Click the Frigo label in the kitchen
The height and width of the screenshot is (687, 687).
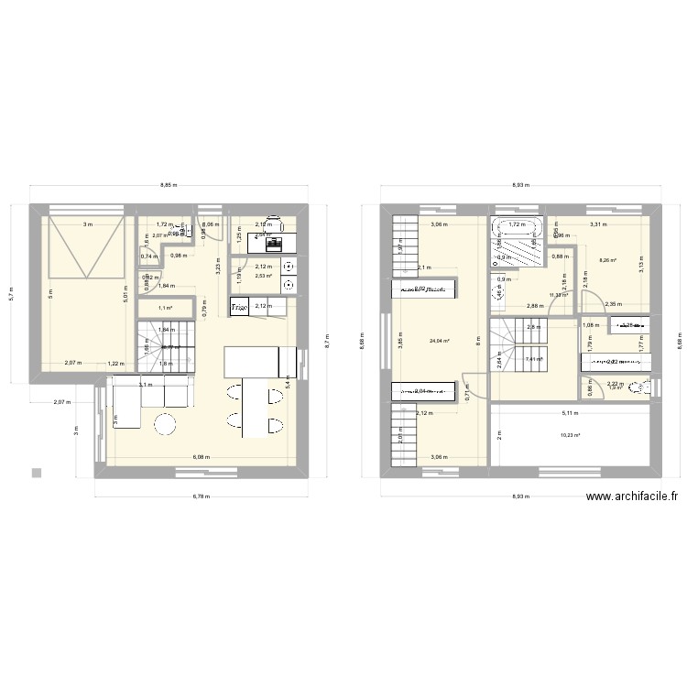click(240, 307)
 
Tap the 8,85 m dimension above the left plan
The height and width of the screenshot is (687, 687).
click(169, 186)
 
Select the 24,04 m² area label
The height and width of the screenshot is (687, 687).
click(440, 342)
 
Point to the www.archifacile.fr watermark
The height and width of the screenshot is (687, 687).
click(632, 496)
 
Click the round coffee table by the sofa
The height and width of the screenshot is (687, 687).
click(166, 424)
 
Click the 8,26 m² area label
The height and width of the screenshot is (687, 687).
click(607, 261)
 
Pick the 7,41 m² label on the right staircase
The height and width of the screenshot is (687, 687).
click(535, 359)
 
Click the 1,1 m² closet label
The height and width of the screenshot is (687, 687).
click(166, 309)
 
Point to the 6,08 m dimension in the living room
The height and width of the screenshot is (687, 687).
click(200, 456)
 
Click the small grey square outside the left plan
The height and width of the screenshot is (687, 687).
click(36, 473)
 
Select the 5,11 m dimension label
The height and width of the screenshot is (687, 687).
click(568, 414)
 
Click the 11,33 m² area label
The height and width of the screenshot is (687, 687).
click(559, 295)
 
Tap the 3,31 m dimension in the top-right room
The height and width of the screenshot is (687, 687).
click(598, 224)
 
